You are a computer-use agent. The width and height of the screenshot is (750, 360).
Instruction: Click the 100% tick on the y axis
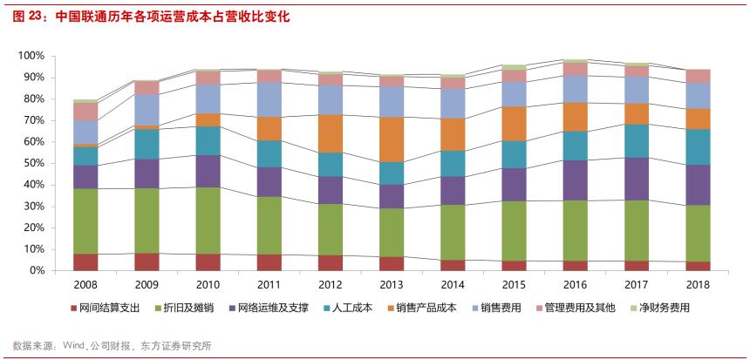pos(31,56)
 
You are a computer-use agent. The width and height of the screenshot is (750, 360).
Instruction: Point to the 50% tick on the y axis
pos(33,163)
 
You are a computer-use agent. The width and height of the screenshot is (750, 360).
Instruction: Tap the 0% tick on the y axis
pos(37,270)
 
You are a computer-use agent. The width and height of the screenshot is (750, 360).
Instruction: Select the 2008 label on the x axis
pos(85,284)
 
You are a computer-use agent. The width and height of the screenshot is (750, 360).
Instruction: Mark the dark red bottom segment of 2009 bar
pos(147,262)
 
